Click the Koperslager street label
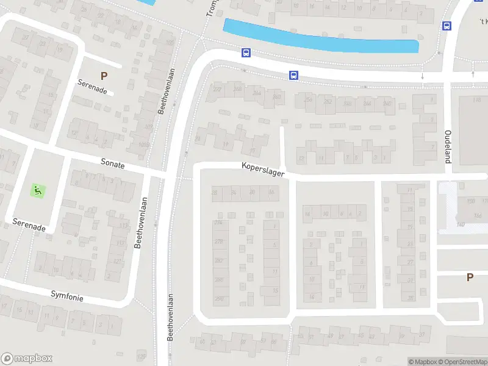[263, 169]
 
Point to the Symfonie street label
[67, 296]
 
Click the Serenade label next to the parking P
[92, 87]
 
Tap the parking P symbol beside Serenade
[104, 76]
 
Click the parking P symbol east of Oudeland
[470, 277]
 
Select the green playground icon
[38, 190]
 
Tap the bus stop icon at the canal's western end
[245, 53]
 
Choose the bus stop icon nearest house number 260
[293, 76]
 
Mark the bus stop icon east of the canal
[447, 26]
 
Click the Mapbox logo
[27, 359]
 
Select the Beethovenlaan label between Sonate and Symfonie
[141, 222]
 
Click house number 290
[219, 298]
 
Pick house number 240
[387, 104]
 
